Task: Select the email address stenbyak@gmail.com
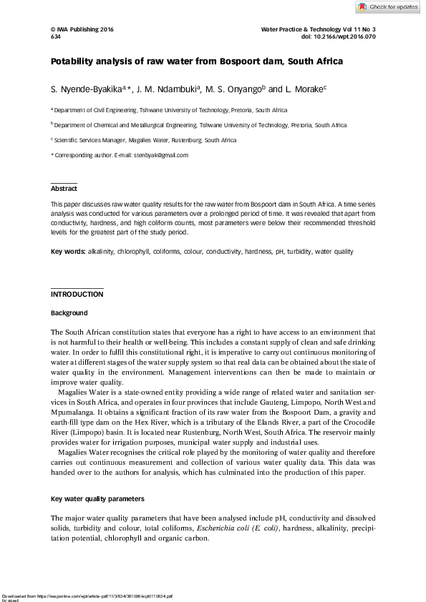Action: click(160, 155)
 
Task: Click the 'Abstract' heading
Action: click(64, 189)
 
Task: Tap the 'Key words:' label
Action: click(67, 252)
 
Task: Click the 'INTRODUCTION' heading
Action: click(77, 295)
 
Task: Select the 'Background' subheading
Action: click(69, 313)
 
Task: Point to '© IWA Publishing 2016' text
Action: click(82, 29)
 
